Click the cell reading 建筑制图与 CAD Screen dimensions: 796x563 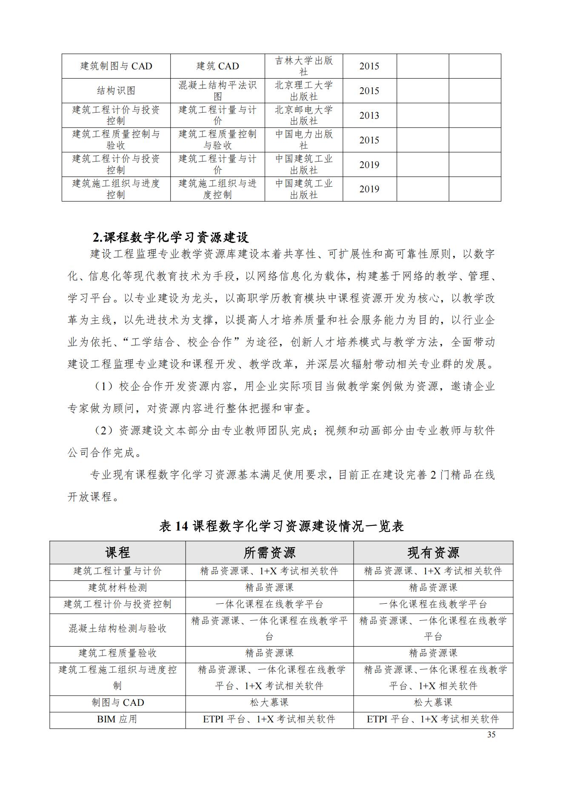click(116, 66)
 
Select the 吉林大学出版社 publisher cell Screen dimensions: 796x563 click(303, 66)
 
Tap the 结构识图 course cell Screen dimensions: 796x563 click(116, 91)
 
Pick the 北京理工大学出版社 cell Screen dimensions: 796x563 click(303, 91)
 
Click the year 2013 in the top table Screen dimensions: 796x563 click(369, 115)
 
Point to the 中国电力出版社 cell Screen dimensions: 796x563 click(303, 140)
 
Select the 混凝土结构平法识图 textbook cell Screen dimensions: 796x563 click(217, 91)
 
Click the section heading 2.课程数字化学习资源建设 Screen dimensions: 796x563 click(171, 237)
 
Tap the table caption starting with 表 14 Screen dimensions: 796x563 click(281, 526)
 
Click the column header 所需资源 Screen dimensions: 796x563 click(269, 553)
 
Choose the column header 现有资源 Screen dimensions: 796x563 click(433, 553)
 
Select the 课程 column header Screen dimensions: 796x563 click(117, 553)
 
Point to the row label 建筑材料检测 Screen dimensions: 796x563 click(117, 588)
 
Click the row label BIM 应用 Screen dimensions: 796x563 click(117, 719)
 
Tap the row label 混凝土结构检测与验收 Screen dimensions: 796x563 click(117, 629)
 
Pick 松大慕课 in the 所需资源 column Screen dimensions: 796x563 click(269, 702)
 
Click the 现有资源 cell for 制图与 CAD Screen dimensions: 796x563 click(433, 702)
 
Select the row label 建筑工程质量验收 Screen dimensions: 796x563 click(117, 653)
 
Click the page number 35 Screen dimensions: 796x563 click(491, 735)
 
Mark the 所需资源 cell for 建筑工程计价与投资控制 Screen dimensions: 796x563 click(269, 604)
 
